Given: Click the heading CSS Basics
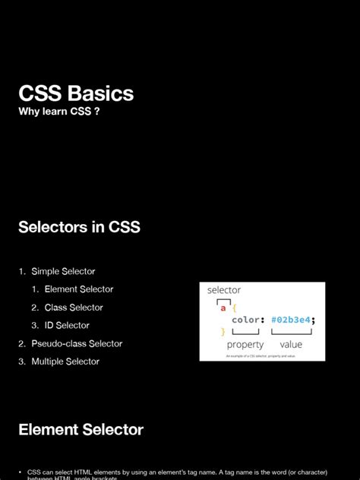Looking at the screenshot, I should tap(76, 94).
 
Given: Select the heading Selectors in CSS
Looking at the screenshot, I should tap(79, 226).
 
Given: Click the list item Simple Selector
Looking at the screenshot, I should tap(63, 271).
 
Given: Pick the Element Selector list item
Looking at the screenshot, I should tap(79, 289).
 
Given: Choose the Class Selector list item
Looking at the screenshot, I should tap(74, 308).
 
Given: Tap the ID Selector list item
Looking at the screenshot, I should tap(67, 326).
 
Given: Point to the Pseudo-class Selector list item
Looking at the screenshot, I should tap(77, 343).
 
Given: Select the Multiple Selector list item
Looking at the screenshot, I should tap(65, 362).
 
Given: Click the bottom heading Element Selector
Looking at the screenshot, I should tap(81, 430).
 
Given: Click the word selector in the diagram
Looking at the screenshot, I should tap(224, 290).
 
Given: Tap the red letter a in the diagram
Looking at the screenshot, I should tap(223, 308).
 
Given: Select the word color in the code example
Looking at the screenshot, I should tap(246, 320).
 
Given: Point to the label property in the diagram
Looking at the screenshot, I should tap(245, 345).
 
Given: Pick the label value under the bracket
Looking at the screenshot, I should tap(291, 345).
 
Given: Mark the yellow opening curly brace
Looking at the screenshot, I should tap(234, 308).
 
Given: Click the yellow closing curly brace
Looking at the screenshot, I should tap(223, 331).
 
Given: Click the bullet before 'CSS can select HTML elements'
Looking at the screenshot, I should tap(21, 472).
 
